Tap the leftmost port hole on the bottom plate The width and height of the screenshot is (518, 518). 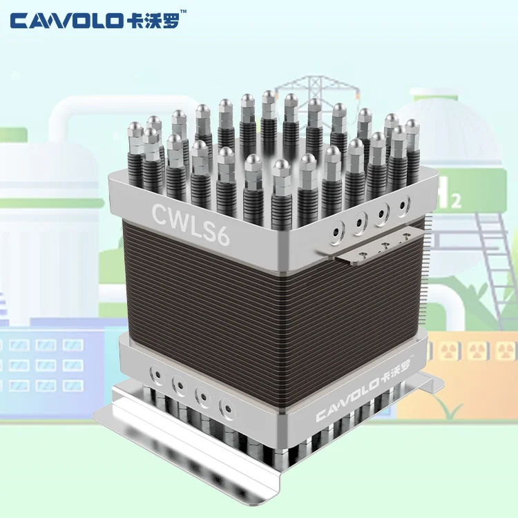point(159,376)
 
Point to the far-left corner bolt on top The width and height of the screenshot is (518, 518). point(135,130)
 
